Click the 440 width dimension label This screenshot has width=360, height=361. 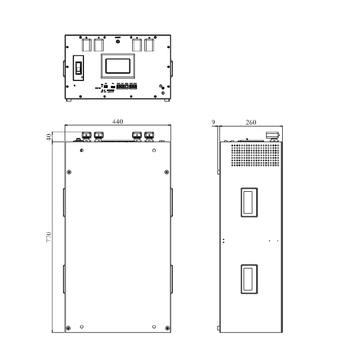[x=117, y=122]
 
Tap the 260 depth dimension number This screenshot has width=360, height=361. [x=251, y=122]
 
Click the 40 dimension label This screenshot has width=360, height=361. [x=49, y=137]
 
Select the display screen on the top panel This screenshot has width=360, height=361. [x=118, y=66]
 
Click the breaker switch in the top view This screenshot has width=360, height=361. [x=79, y=68]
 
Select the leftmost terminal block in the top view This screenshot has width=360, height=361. [x=86, y=45]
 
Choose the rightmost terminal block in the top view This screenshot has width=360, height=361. [x=149, y=45]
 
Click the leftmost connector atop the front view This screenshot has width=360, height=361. [x=86, y=135]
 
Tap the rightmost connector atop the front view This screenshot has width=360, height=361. [x=149, y=135]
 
